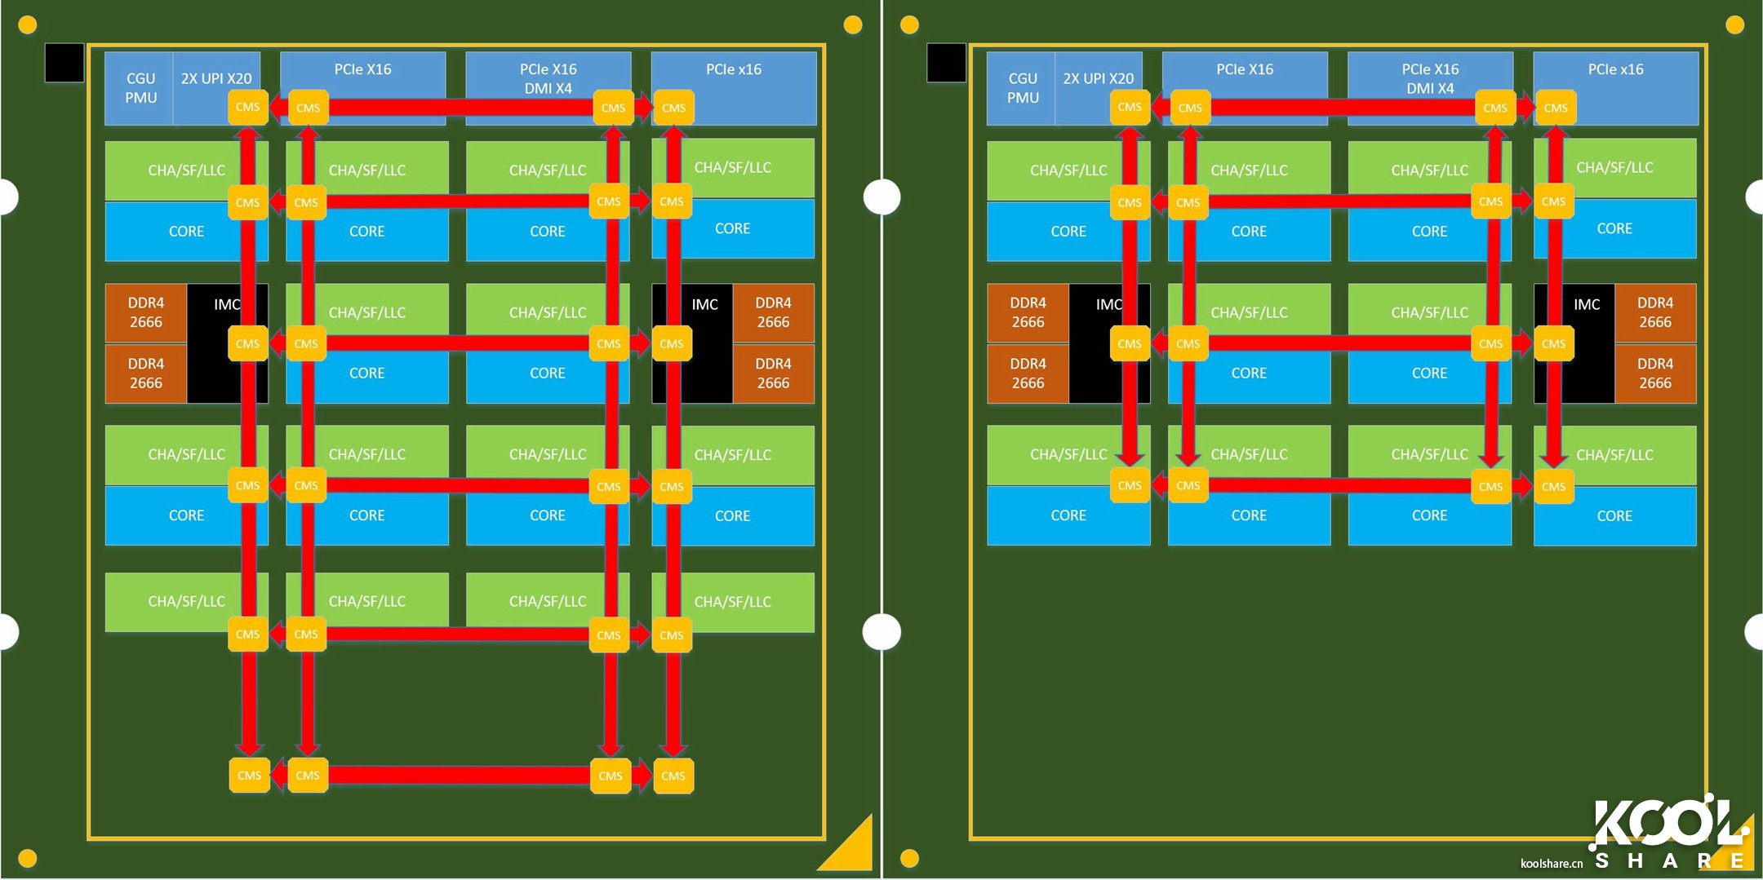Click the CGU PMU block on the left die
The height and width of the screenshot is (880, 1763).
pyautogui.click(x=140, y=88)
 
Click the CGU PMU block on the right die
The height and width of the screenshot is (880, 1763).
pyautogui.click(x=1022, y=88)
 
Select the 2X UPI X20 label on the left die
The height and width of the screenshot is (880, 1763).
pyautogui.click(x=216, y=78)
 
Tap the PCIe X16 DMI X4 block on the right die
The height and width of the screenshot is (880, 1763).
pyautogui.click(x=1430, y=78)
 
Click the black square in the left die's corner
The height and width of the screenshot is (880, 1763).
pyautogui.click(x=64, y=63)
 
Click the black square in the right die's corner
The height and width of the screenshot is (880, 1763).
pyautogui.click(x=946, y=63)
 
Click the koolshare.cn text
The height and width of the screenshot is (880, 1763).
pyautogui.click(x=1551, y=864)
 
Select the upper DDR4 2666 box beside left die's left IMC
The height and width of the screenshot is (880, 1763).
pyautogui.click(x=146, y=312)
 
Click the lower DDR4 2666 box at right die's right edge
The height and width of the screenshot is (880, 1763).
pyautogui.click(x=1654, y=374)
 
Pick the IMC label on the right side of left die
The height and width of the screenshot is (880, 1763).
pyautogui.click(x=704, y=305)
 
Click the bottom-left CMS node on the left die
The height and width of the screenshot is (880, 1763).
pyautogui.click(x=249, y=776)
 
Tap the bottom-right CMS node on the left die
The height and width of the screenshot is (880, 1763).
pyautogui.click(x=673, y=776)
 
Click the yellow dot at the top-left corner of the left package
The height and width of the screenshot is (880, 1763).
pyautogui.click(x=27, y=25)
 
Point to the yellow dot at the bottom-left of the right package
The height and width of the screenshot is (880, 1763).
pyautogui.click(x=909, y=858)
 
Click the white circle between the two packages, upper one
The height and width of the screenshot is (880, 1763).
pyautogui.click(x=882, y=197)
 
